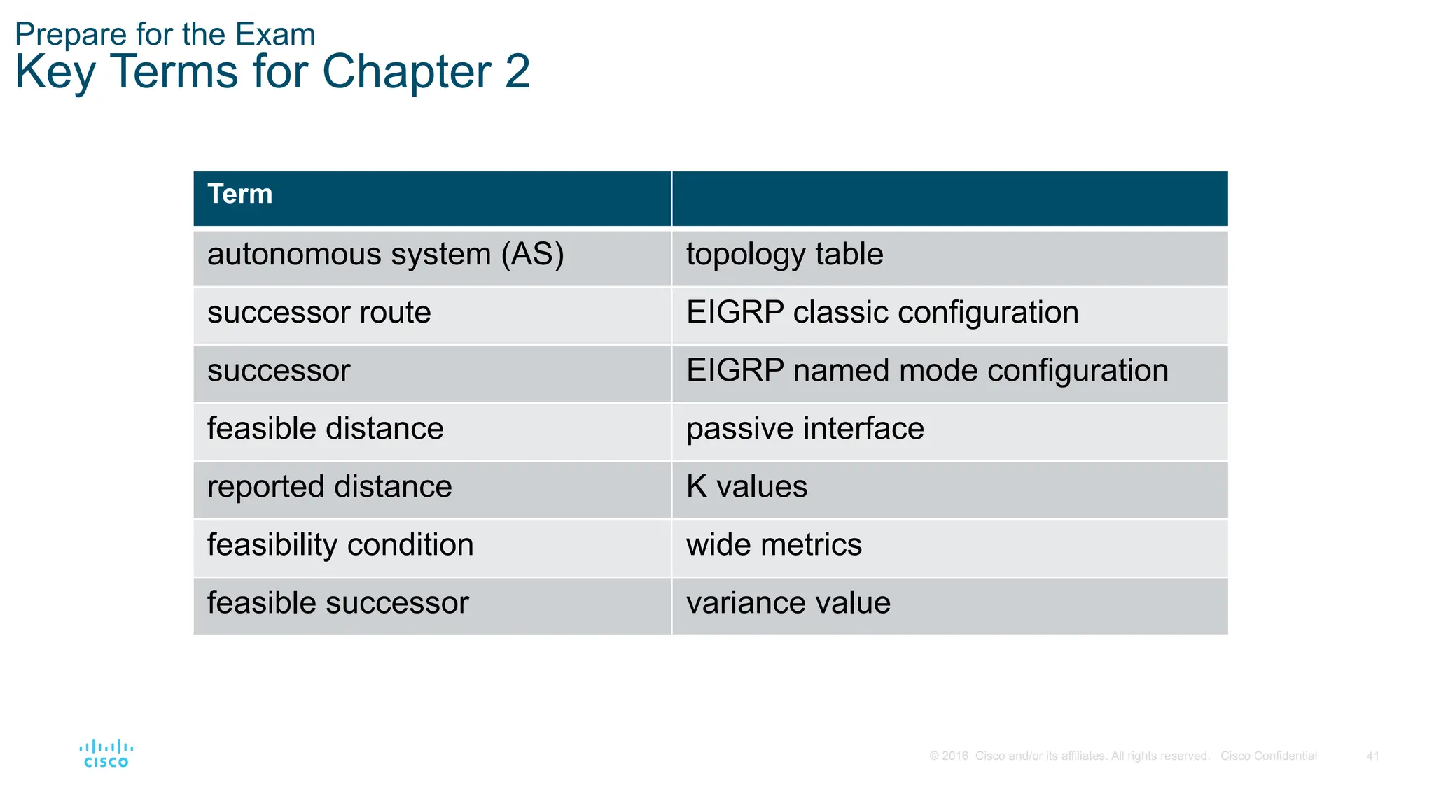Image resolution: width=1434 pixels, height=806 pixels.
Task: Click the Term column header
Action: click(239, 195)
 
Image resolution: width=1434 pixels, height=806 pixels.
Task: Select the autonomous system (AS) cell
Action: click(385, 255)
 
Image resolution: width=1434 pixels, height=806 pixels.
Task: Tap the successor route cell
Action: click(319, 313)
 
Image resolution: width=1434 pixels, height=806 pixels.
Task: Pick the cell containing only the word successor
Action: click(279, 371)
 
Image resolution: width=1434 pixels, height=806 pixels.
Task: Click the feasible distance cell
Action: click(325, 429)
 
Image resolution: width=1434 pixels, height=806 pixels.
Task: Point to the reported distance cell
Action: click(329, 487)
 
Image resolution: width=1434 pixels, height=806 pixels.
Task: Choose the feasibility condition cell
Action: click(340, 545)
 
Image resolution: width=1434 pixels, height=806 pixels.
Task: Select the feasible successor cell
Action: click(337, 603)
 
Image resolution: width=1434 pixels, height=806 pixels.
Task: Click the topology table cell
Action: click(784, 255)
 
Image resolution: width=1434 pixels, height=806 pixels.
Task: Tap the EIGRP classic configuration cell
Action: click(882, 313)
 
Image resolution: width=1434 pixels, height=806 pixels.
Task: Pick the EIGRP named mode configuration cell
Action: click(927, 371)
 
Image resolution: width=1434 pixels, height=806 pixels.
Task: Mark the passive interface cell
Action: click(805, 429)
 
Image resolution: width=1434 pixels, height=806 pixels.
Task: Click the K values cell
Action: click(746, 487)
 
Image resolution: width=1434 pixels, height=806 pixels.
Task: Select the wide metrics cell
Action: click(774, 545)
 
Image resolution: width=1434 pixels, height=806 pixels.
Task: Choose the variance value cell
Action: click(788, 603)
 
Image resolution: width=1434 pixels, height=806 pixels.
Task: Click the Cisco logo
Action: click(106, 754)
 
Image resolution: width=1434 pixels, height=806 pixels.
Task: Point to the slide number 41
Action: click(1372, 756)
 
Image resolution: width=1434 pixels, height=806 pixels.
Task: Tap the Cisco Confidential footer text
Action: click(1268, 756)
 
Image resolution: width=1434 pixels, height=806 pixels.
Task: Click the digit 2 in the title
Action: click(517, 71)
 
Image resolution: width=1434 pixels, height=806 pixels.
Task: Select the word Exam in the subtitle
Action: click(274, 34)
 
